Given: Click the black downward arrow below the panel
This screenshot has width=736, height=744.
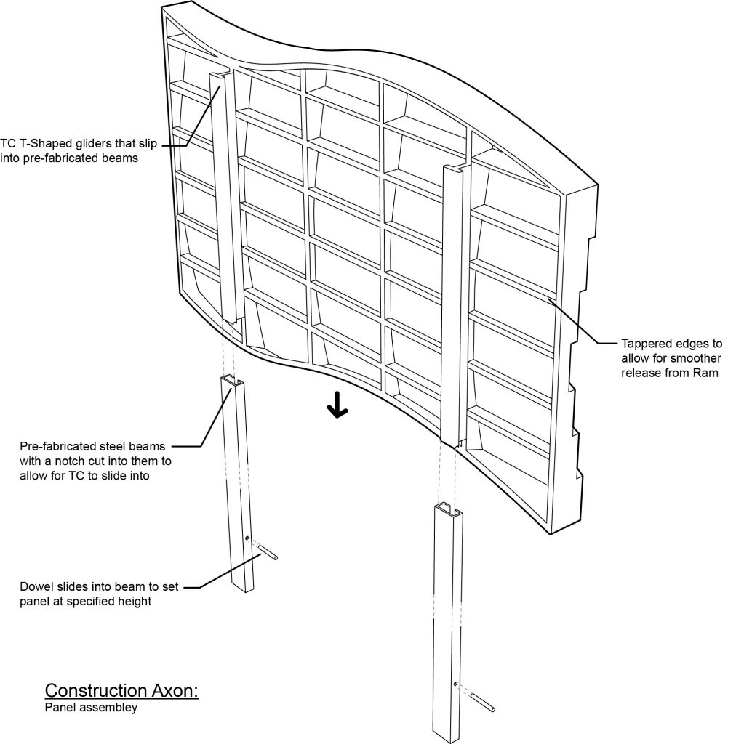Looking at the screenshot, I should [337, 408].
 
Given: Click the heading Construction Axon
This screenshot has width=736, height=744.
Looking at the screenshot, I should [121, 690].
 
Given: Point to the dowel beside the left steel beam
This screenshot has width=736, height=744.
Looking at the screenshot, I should [268, 553].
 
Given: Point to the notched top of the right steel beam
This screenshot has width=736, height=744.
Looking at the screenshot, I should [444, 506].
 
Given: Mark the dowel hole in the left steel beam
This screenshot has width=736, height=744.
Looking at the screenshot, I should [247, 538].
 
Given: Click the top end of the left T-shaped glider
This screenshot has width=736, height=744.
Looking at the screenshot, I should [219, 76].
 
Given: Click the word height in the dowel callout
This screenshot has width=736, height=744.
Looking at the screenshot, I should [136, 602].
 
